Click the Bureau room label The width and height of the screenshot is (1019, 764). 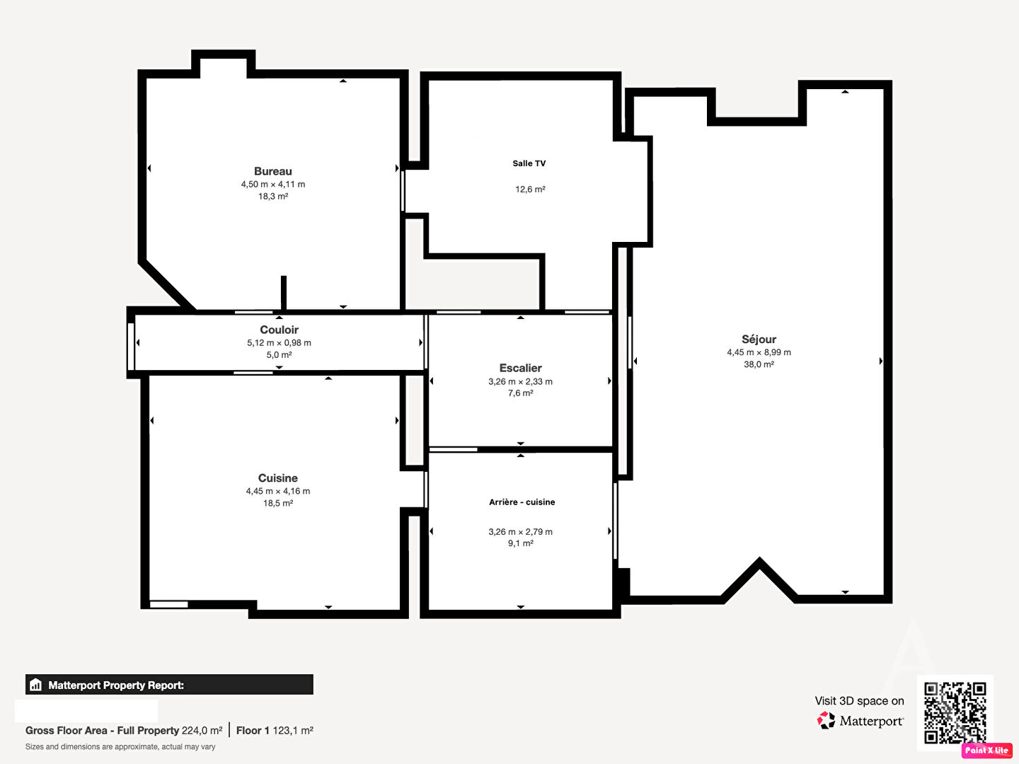(x=273, y=171)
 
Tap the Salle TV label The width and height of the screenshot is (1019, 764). (x=529, y=163)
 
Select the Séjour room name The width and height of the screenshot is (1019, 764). (x=759, y=339)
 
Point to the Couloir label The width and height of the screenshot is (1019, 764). (x=279, y=330)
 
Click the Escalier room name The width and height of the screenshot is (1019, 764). (x=520, y=368)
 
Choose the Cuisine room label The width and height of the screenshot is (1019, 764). (x=277, y=477)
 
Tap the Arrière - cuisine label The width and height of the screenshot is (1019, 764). (x=522, y=502)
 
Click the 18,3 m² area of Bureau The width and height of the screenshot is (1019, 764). (x=273, y=196)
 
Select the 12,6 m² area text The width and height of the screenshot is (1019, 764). (x=530, y=190)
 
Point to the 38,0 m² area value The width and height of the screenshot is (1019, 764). (x=759, y=364)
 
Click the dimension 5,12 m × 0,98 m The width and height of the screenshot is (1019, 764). (x=279, y=343)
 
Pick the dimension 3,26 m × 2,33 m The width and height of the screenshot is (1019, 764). (x=520, y=382)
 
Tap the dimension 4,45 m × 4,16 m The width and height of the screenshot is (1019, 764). (x=277, y=491)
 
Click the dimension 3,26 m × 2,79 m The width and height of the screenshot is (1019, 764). (x=520, y=531)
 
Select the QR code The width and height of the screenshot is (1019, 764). (x=955, y=713)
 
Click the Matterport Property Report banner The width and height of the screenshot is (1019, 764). (x=169, y=685)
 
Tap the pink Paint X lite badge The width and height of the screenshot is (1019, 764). (x=987, y=750)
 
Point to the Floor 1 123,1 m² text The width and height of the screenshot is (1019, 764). (x=275, y=731)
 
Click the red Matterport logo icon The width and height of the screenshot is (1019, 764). (x=826, y=720)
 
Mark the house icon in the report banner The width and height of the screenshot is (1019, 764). (x=36, y=685)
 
